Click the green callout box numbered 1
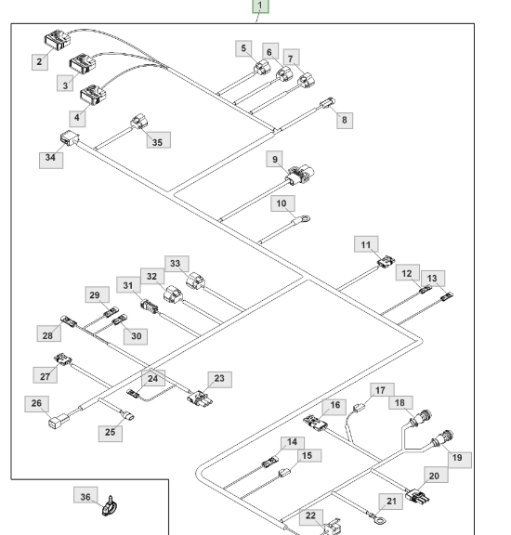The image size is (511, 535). click(260, 7)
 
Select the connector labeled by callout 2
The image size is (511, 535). click(58, 40)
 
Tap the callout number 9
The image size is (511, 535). click(275, 160)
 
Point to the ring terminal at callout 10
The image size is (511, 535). click(305, 218)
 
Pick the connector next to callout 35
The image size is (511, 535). click(138, 122)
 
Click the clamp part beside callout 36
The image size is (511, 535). click(110, 507)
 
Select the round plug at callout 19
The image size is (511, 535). click(444, 438)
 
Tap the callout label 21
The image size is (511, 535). click(391, 502)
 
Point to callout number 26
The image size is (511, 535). click(36, 404)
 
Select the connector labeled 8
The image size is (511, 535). click(327, 102)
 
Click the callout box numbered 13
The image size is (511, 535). click(433, 279)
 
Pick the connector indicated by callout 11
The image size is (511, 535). click(387, 262)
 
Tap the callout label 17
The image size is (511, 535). click(382, 390)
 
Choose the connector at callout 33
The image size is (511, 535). click(196, 281)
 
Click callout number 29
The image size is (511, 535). click(98, 294)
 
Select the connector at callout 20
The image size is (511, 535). click(417, 496)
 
